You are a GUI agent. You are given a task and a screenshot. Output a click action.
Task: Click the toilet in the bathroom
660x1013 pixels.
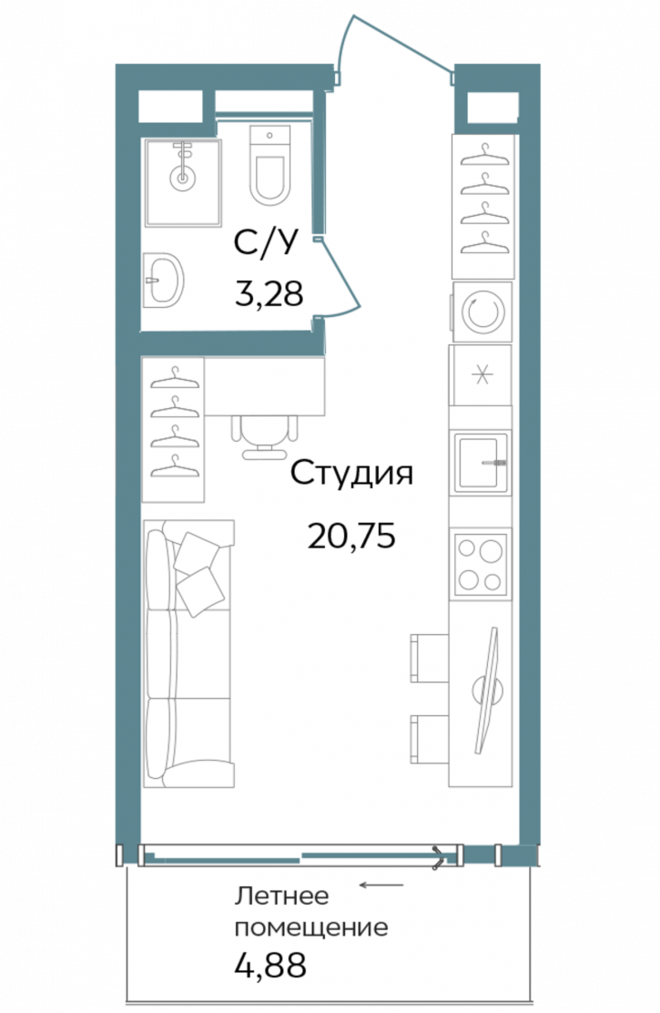[x=269, y=169]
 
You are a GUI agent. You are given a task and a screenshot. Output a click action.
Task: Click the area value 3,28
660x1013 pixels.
[x=268, y=293]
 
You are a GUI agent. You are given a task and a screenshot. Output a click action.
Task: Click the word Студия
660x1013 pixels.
[x=351, y=474]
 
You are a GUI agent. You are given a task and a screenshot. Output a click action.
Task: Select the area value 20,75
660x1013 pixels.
[x=351, y=536]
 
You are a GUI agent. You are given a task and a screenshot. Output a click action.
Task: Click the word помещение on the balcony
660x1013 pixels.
[x=311, y=928]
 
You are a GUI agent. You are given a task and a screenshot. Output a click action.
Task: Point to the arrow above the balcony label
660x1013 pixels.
[x=380, y=885]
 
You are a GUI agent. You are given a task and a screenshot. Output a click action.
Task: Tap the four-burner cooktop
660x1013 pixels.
[x=481, y=564]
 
